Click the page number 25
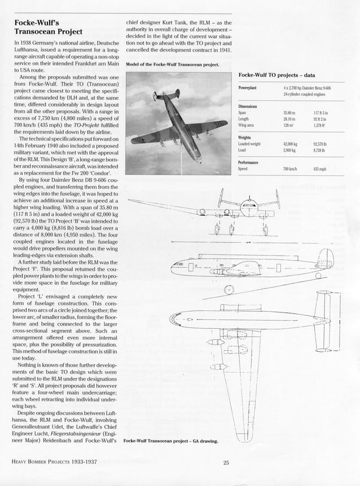pyautogui.click(x=225, y=464)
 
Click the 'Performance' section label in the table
pyautogui.click(x=252, y=162)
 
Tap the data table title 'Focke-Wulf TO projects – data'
pyautogui.click(x=276, y=75)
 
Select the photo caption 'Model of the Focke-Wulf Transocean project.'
pyautogui.click(x=172, y=64)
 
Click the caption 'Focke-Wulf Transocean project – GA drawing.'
pyautogui.click(x=170, y=440)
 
